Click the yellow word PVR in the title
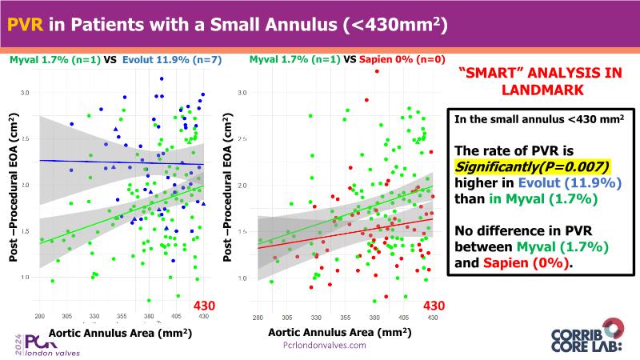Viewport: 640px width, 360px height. coord(26,26)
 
